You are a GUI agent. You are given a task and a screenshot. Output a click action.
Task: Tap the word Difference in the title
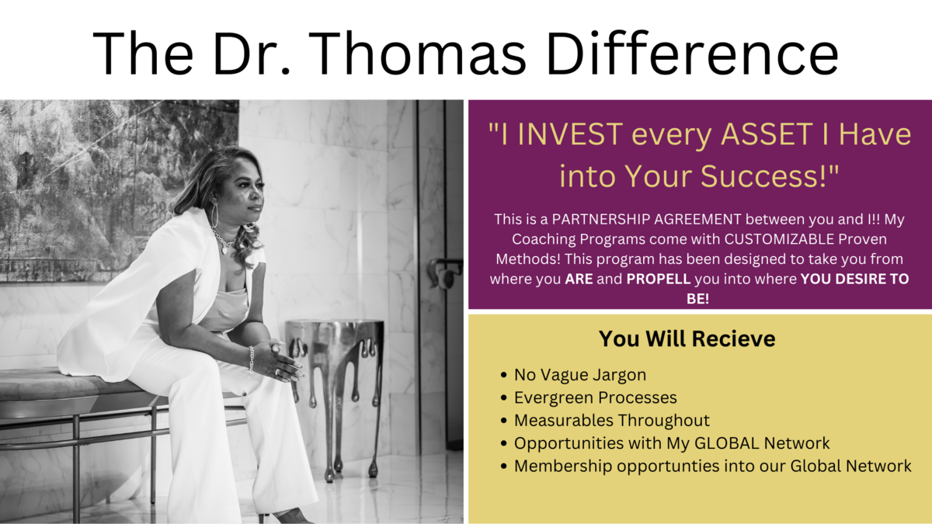(692, 54)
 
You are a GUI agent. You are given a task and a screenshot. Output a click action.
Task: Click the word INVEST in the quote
(570, 134)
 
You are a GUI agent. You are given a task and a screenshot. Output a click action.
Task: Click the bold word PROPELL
(659, 279)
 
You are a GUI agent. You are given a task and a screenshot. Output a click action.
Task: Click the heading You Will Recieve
(687, 338)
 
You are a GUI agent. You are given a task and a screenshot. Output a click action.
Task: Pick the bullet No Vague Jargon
(580, 375)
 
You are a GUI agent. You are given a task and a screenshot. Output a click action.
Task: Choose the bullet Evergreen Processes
(596, 398)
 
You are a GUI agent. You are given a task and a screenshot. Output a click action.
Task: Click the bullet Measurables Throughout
(612, 421)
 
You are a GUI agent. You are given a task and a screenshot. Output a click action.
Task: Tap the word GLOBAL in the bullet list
(726, 443)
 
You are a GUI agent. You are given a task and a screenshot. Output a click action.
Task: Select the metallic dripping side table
(335, 395)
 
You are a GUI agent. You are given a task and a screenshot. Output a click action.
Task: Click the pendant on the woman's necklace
(225, 250)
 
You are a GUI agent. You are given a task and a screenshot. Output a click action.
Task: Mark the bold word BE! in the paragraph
(697, 299)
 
